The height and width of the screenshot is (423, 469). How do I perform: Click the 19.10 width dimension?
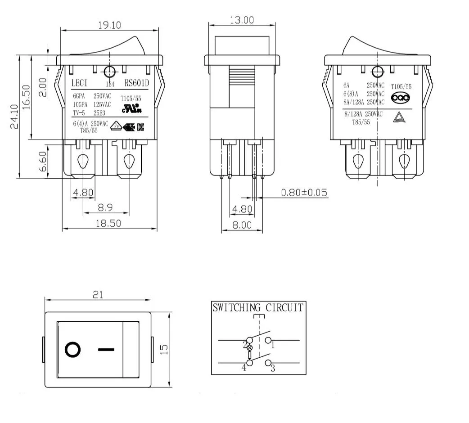tap(109, 25)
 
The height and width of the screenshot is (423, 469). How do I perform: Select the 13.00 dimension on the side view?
tap(242, 20)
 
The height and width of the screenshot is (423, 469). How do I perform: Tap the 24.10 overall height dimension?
tap(14, 117)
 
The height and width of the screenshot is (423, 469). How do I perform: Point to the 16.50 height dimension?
tap(26, 97)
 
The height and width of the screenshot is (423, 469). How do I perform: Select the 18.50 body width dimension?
tap(109, 223)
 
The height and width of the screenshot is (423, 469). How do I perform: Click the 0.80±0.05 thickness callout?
tap(304, 193)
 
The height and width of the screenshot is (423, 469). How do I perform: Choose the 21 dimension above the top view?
tap(98, 295)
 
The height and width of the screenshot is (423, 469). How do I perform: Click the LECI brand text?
tap(79, 83)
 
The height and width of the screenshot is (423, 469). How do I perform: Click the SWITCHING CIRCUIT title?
tap(258, 308)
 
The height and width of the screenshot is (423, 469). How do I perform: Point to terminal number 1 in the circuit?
tap(272, 345)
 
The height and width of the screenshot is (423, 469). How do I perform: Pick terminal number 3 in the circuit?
tap(272, 369)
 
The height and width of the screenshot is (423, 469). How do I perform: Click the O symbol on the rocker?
tap(73, 349)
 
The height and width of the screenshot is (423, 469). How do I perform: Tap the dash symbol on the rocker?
tap(106, 349)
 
